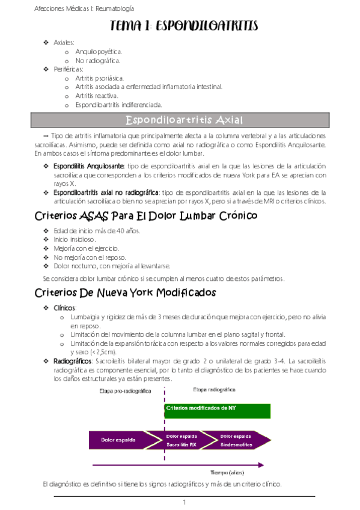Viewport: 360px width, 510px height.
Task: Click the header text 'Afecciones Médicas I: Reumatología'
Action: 84,8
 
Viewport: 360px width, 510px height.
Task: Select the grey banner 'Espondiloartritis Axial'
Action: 180,120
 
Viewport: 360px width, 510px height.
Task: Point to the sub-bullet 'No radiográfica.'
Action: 98,60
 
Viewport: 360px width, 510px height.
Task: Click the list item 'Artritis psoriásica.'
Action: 100,78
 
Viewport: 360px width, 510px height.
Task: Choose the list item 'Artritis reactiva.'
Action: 97,96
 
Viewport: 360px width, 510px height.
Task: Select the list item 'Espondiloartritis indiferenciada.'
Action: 118,105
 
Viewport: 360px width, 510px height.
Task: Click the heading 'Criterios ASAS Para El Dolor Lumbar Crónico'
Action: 138,215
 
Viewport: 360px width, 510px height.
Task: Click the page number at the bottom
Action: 185,502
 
